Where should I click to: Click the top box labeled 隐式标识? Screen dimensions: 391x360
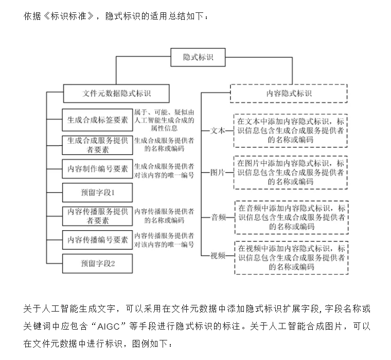[198, 57]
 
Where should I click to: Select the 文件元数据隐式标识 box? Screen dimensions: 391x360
[116, 93]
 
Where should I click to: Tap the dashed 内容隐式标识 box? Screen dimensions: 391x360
[289, 93]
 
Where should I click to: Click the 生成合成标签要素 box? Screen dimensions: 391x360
[97, 120]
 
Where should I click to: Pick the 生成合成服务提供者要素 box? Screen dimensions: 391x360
[97, 145]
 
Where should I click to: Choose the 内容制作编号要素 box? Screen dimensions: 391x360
[97, 169]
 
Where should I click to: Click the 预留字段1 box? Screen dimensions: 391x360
[97, 193]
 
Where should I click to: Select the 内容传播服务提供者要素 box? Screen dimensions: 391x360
[97, 216]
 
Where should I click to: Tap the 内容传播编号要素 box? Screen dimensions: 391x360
[97, 240]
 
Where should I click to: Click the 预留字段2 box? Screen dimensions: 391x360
[97, 264]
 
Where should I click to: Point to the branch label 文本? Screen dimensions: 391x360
[218, 131]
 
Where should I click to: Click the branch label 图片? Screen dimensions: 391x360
[218, 173]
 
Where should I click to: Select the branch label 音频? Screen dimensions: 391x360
[219, 217]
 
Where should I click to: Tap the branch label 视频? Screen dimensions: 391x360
[218, 255]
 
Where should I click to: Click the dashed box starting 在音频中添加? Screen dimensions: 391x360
[291, 217]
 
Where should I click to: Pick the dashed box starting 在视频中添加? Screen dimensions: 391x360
[291, 258]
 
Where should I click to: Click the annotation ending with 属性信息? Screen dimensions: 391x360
[164, 120]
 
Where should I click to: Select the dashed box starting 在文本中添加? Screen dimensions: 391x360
[291, 131]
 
